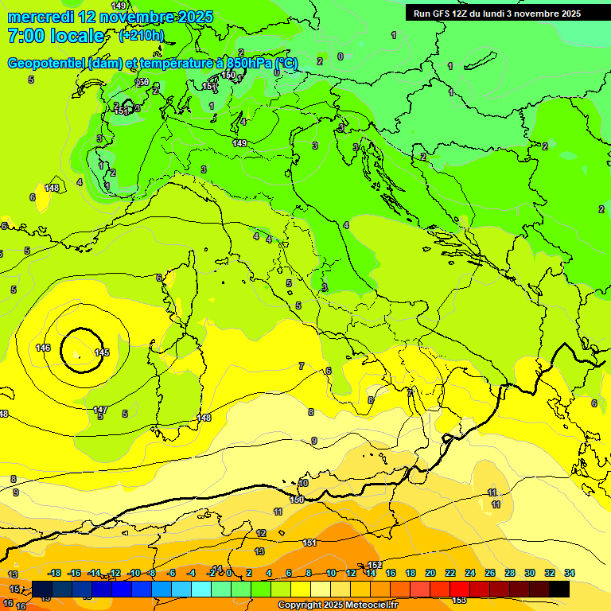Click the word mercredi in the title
click(41, 17)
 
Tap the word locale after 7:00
click(77, 36)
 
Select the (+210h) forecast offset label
click(142, 35)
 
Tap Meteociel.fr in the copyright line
click(367, 605)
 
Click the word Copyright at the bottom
click(299, 605)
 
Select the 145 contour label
click(102, 352)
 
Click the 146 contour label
click(43, 348)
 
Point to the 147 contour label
click(100, 410)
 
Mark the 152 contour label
click(376, 565)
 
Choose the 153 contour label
click(459, 600)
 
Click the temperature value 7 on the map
click(301, 366)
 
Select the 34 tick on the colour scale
click(570, 573)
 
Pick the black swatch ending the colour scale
click(559, 589)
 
